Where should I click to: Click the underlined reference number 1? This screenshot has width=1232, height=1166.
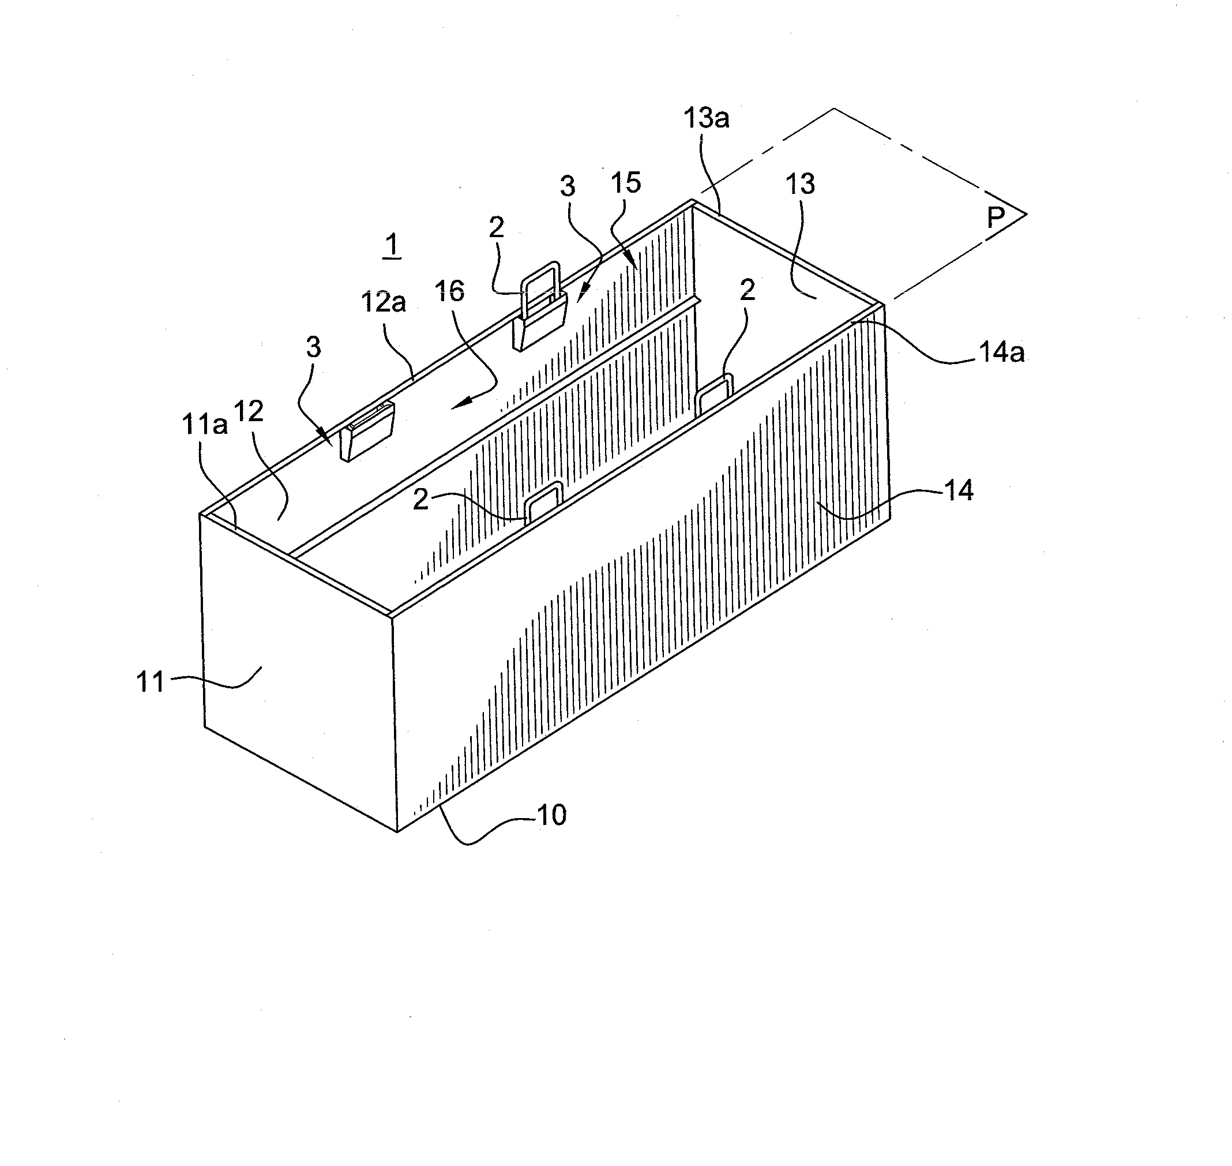click(x=392, y=246)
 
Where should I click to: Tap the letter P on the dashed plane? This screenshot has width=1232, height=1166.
click(x=996, y=218)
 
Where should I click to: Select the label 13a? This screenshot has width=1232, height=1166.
click(x=707, y=118)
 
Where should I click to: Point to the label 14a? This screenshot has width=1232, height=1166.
click(x=1001, y=353)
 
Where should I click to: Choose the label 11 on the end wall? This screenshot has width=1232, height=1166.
click(x=151, y=682)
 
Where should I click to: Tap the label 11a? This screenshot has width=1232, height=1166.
click(x=204, y=425)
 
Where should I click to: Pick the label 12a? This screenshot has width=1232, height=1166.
click(x=384, y=303)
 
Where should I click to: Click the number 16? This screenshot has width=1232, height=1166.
click(x=449, y=291)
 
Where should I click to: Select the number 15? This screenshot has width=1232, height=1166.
click(x=626, y=183)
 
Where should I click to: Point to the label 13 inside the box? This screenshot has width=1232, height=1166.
click(x=800, y=184)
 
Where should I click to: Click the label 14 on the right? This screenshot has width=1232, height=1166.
click(x=959, y=491)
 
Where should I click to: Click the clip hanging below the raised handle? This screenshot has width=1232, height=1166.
click(x=540, y=324)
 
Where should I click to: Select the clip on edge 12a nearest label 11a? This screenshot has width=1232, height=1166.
click(x=367, y=431)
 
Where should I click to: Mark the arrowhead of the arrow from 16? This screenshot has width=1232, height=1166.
click(x=457, y=405)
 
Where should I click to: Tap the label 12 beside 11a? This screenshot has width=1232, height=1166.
click(x=249, y=411)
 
